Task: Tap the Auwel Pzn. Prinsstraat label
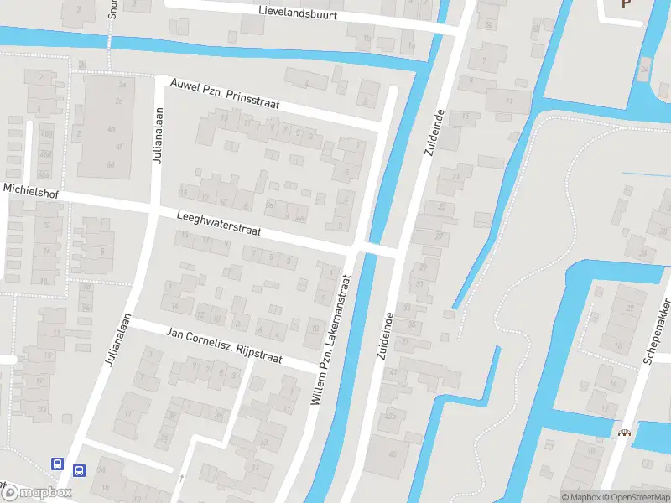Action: coord(224,96)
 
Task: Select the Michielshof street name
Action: coord(29,190)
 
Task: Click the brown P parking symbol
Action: coord(626,3)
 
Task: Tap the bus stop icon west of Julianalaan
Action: coord(58,464)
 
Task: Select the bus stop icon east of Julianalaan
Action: coord(80,471)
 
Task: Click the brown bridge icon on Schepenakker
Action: coord(624,433)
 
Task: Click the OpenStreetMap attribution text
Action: coord(635,497)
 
